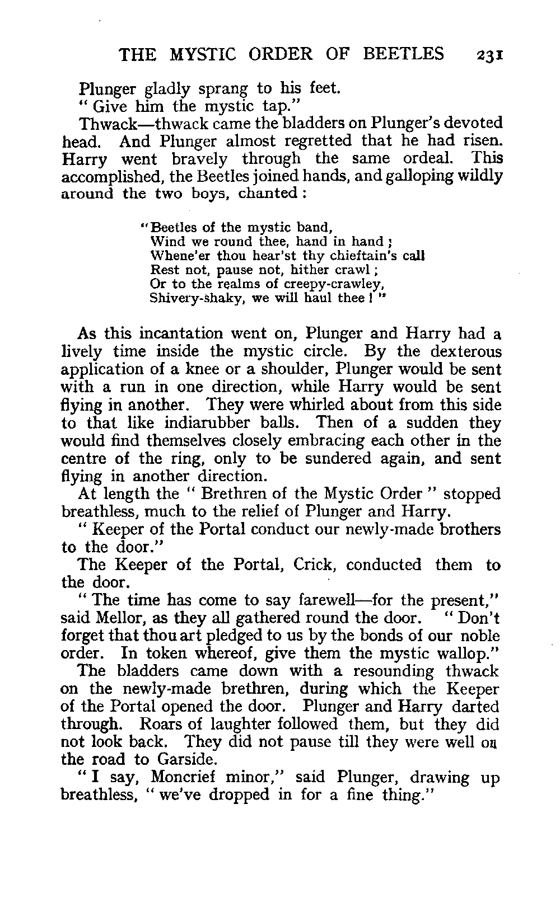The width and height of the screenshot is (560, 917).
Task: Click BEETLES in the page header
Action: click(404, 54)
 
